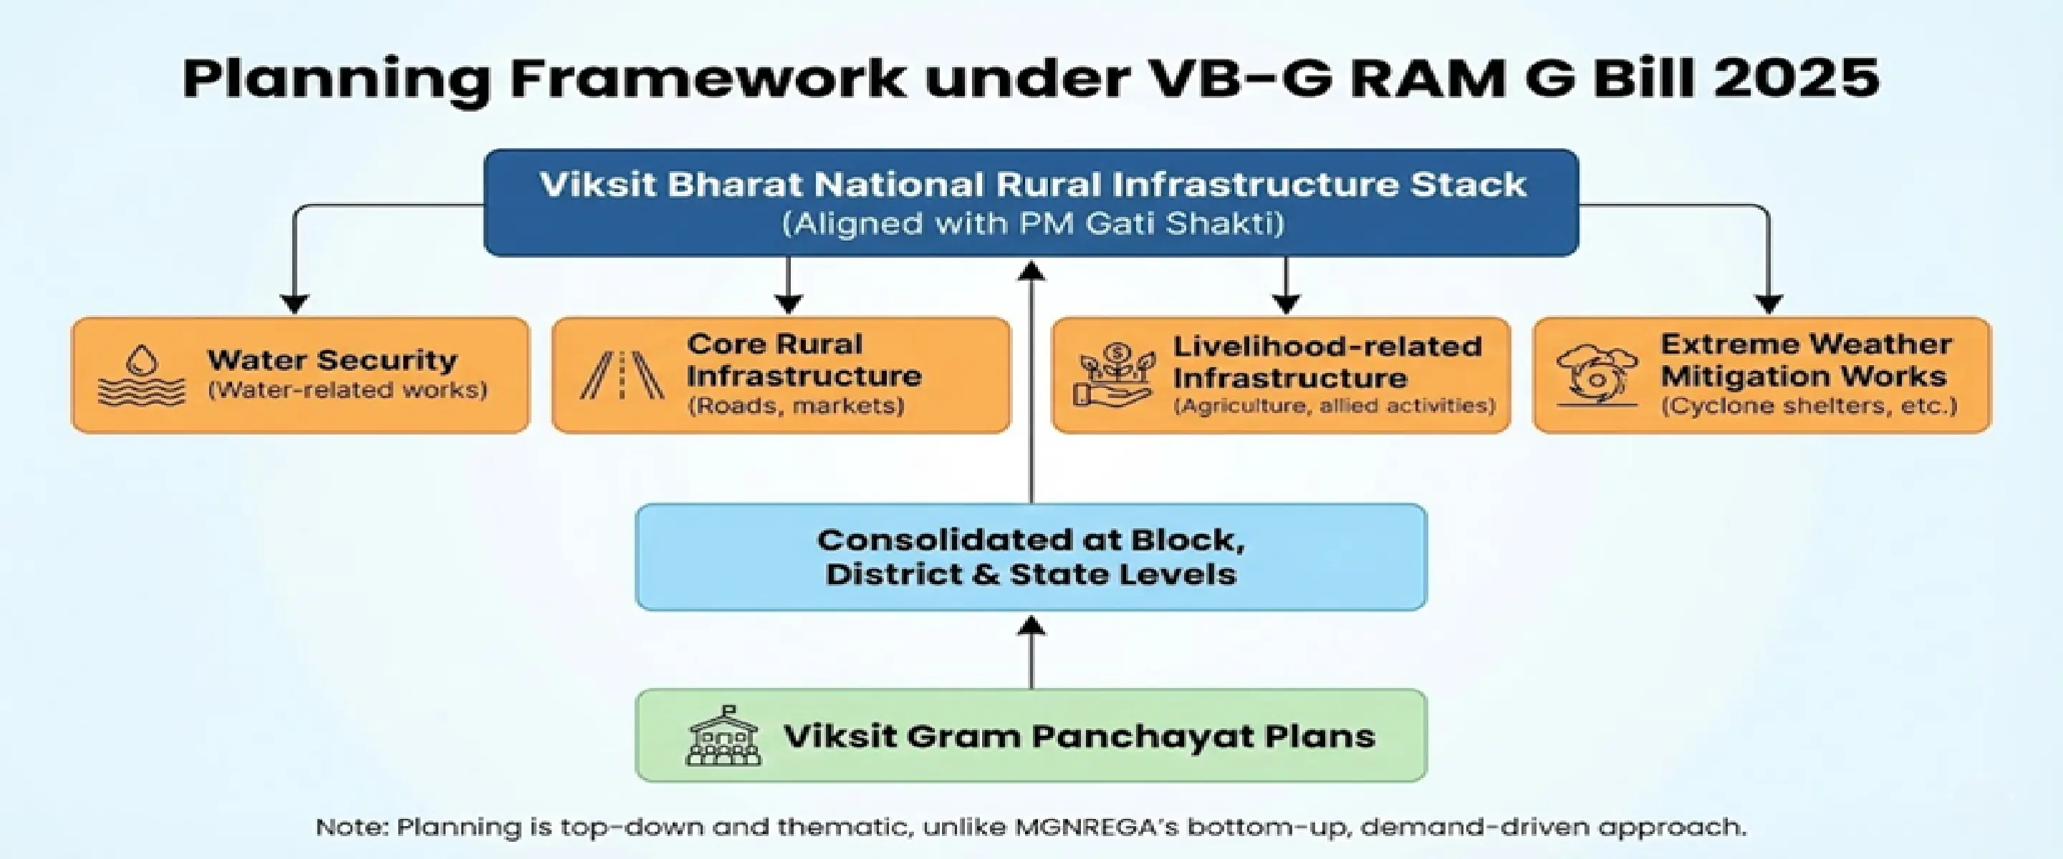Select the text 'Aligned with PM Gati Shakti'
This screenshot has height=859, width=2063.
point(1032,223)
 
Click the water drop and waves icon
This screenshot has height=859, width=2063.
point(141,376)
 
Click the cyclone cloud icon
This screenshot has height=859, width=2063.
point(1596,377)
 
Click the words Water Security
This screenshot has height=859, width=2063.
point(332,360)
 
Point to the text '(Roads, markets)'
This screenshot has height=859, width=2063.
point(796,406)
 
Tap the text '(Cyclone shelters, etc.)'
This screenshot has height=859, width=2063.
point(1808,406)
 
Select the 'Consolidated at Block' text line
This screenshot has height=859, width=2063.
point(1031,540)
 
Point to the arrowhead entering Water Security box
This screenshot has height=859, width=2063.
point(294,304)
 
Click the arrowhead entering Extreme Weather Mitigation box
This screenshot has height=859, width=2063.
point(1769,304)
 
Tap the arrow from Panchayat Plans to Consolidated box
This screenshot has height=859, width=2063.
point(1031,652)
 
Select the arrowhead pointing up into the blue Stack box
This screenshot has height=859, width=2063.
point(1031,272)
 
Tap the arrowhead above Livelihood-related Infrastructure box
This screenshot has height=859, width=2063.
point(1285,304)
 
